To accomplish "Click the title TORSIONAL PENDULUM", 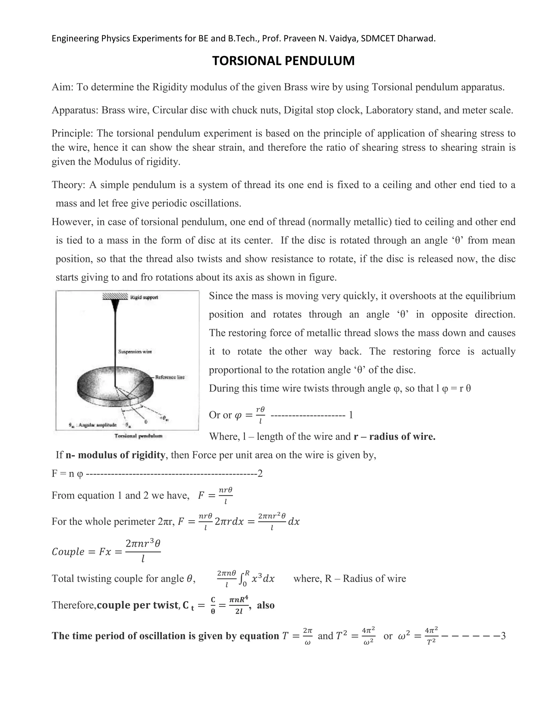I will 283,61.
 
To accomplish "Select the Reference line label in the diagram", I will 170,377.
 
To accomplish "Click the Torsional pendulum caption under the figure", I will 138,436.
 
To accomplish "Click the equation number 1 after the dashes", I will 351,415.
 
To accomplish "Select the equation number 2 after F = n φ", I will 260,474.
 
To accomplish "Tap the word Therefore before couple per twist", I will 74,605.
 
